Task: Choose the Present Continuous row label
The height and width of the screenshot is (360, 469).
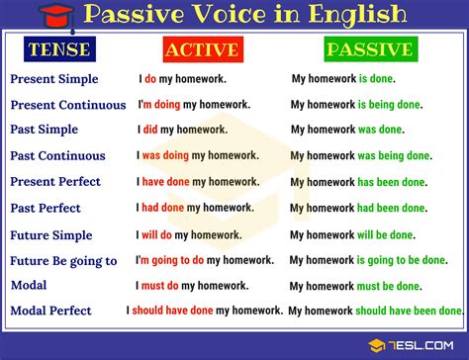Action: [68, 104]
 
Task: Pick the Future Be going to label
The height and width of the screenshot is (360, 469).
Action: [63, 261]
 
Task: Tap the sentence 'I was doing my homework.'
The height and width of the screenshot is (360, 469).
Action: [198, 155]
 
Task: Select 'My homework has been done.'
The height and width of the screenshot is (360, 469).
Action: [358, 182]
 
